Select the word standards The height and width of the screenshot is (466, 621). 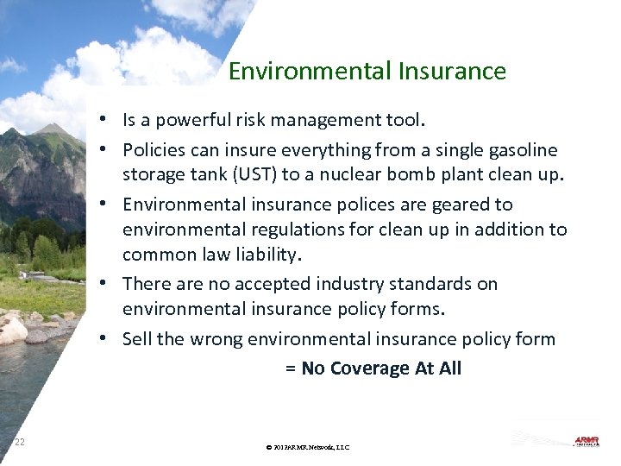459,284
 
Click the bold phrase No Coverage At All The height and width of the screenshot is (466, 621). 381,368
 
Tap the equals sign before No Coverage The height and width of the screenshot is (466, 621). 290,369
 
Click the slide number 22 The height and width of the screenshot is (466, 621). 19,442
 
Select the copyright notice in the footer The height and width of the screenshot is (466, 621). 308,447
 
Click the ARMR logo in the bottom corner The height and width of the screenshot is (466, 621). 586,441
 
